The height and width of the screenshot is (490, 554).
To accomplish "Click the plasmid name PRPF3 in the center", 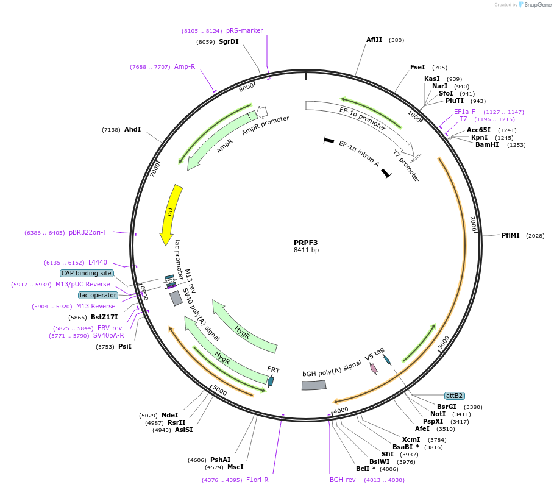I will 305,242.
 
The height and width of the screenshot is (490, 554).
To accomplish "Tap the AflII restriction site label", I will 374,40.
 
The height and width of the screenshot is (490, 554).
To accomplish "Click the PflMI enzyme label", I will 510,235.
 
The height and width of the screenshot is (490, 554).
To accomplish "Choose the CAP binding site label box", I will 86,273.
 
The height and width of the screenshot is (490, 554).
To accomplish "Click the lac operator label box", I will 98,295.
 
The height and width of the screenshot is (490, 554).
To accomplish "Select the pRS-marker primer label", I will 244,30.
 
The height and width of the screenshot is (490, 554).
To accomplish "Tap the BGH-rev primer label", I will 343,480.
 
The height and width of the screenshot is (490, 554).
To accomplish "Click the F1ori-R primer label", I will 257,480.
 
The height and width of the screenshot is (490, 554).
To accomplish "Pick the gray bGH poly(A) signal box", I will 314,385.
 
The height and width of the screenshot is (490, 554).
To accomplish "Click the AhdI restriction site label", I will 132,129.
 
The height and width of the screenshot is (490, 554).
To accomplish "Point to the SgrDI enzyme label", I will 229,41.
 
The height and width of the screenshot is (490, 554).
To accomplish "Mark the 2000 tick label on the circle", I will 473,224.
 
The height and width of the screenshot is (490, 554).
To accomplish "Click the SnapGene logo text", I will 538,4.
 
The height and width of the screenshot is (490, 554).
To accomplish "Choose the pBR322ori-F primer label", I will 88,232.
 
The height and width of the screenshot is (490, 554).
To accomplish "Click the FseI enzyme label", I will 417,67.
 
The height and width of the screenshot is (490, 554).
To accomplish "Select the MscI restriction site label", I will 235,467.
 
